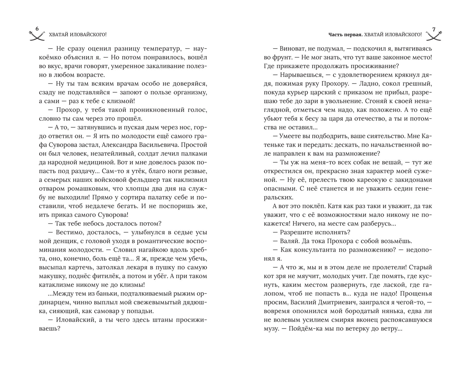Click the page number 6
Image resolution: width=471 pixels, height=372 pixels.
[x=37, y=29]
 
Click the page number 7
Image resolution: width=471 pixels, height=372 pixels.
[x=434, y=29]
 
